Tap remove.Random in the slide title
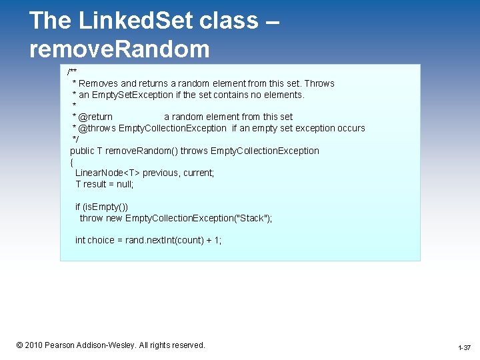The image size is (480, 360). pos(119,49)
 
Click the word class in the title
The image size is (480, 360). pos(229,21)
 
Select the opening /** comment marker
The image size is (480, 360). pos(71,71)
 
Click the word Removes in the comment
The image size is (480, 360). pos(98,83)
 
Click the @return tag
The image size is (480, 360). pos(95,117)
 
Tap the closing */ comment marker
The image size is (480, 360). pos(75,139)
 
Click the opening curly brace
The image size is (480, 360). pos(71,162)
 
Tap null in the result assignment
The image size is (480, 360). pos(124,184)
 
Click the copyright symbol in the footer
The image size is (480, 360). pos(20,345)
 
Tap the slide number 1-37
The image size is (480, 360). pos(464,348)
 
